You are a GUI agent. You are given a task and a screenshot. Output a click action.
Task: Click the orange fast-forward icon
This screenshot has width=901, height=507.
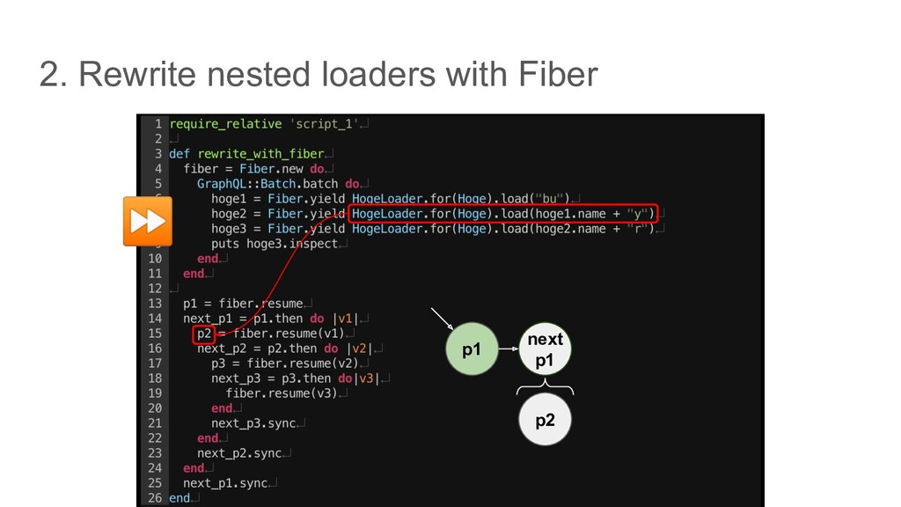point(146,221)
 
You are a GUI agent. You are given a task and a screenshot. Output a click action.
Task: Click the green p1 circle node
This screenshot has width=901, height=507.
point(472,350)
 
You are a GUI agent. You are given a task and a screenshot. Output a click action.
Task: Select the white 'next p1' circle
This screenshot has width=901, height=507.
point(545,350)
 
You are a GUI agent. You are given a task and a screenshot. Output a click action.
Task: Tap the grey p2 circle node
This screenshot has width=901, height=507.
point(546,420)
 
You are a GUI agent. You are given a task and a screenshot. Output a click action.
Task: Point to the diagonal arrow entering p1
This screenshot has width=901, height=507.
point(444,320)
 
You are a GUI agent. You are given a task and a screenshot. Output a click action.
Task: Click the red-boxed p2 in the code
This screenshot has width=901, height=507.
point(203,334)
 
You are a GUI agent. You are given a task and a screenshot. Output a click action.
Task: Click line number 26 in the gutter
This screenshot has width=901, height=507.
point(154,498)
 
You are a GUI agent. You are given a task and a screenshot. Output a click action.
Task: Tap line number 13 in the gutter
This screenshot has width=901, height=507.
point(154,304)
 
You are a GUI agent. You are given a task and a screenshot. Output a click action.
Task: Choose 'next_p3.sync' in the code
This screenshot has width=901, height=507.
point(253,423)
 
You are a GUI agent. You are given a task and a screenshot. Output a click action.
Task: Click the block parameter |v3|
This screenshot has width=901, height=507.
point(365,378)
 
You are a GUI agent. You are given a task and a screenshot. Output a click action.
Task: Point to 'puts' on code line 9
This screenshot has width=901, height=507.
point(224,244)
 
